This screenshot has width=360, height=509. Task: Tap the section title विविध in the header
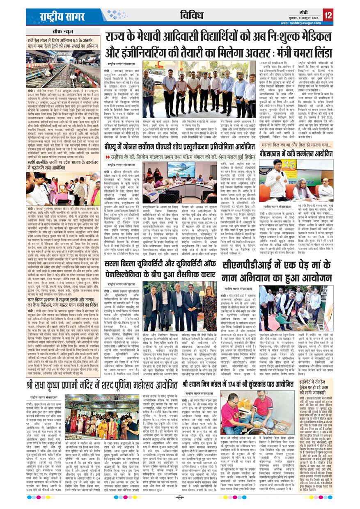point(193,16)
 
